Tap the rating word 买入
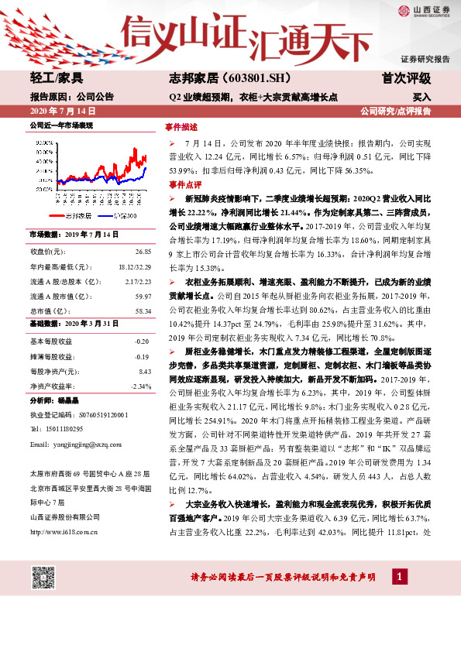tap(421, 98)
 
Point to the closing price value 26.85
tap(143, 252)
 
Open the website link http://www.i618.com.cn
tap(63, 531)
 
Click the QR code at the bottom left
tap(43, 578)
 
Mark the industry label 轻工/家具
tap(57, 79)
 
